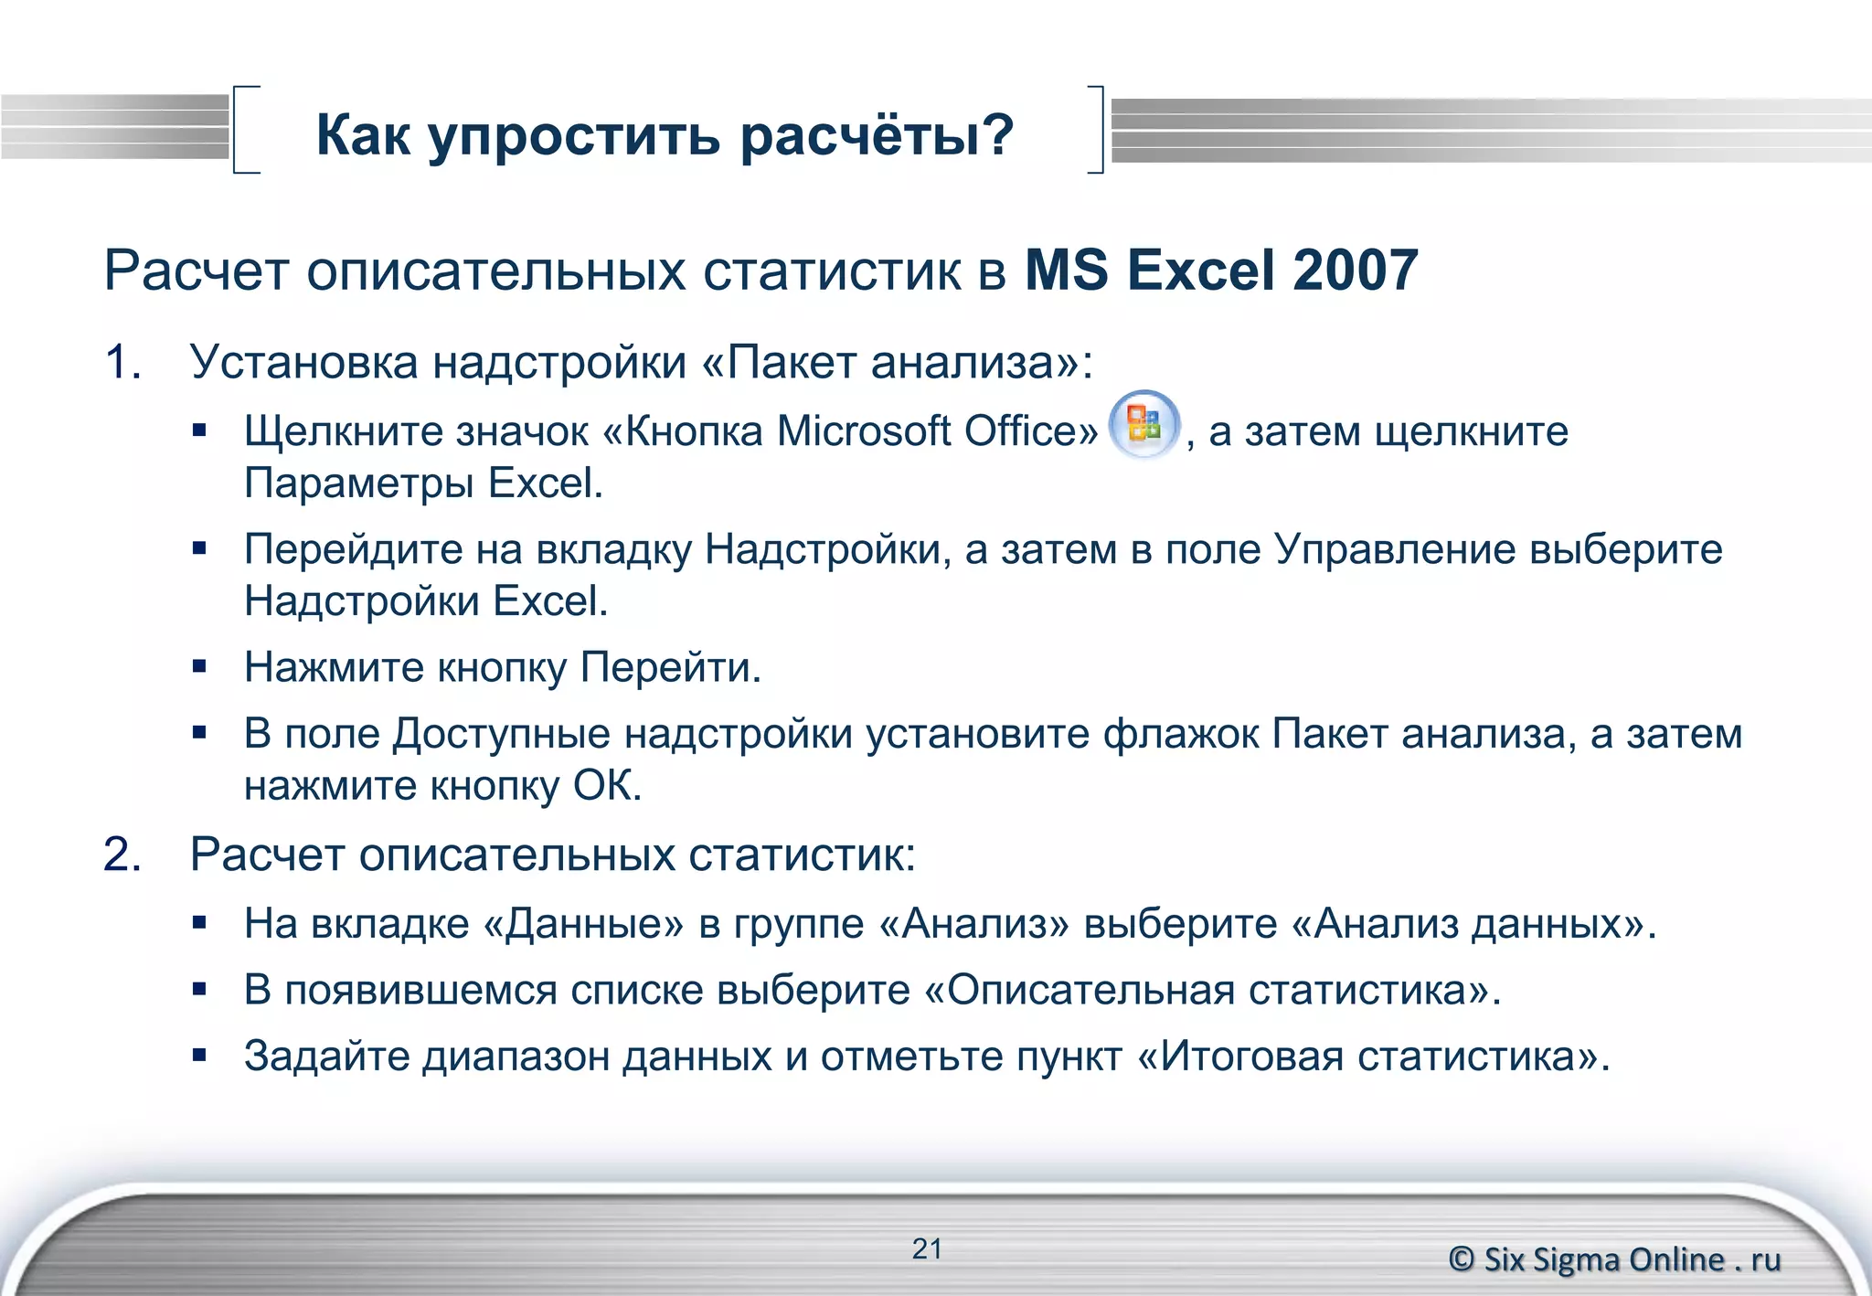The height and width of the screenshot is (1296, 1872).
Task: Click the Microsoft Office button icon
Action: coord(1143,425)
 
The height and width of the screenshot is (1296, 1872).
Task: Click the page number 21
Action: coord(927,1248)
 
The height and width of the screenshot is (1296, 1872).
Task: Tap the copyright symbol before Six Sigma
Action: coord(1462,1259)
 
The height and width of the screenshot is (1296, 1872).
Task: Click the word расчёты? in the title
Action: coord(877,135)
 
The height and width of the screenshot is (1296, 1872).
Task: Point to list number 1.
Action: coord(122,362)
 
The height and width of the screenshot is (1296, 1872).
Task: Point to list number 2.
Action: coord(122,855)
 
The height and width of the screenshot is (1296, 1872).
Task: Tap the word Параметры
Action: coord(360,483)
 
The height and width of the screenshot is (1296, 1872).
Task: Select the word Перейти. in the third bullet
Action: coord(671,667)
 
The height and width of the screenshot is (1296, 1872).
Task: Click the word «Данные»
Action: coord(582,924)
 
